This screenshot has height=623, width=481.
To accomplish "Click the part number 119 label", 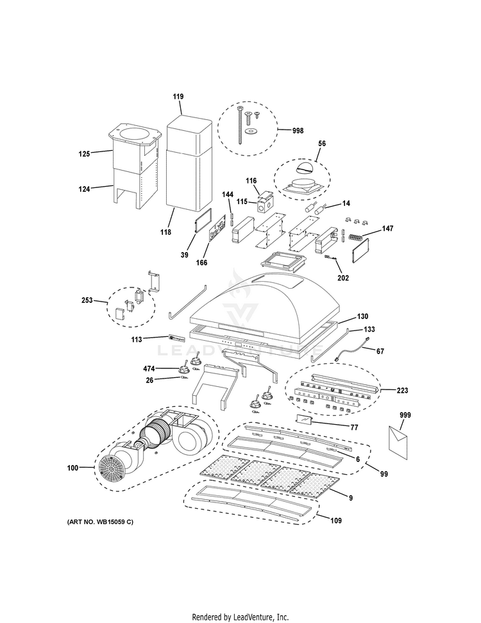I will tap(178, 96).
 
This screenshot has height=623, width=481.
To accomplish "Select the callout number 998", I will tap(298, 130).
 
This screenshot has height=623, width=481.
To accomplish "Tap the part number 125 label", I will tap(83, 154).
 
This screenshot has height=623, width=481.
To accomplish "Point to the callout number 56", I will tap(322, 144).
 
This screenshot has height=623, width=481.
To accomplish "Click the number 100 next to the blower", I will tap(72, 468).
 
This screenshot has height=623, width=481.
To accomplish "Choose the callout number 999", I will tap(405, 415).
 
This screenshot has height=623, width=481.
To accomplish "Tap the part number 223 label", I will tap(403, 389).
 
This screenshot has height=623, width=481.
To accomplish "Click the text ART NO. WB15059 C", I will tap(100, 522).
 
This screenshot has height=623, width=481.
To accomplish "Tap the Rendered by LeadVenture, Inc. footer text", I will tap(240, 617).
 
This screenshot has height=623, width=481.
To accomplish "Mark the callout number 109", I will tap(335, 520).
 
